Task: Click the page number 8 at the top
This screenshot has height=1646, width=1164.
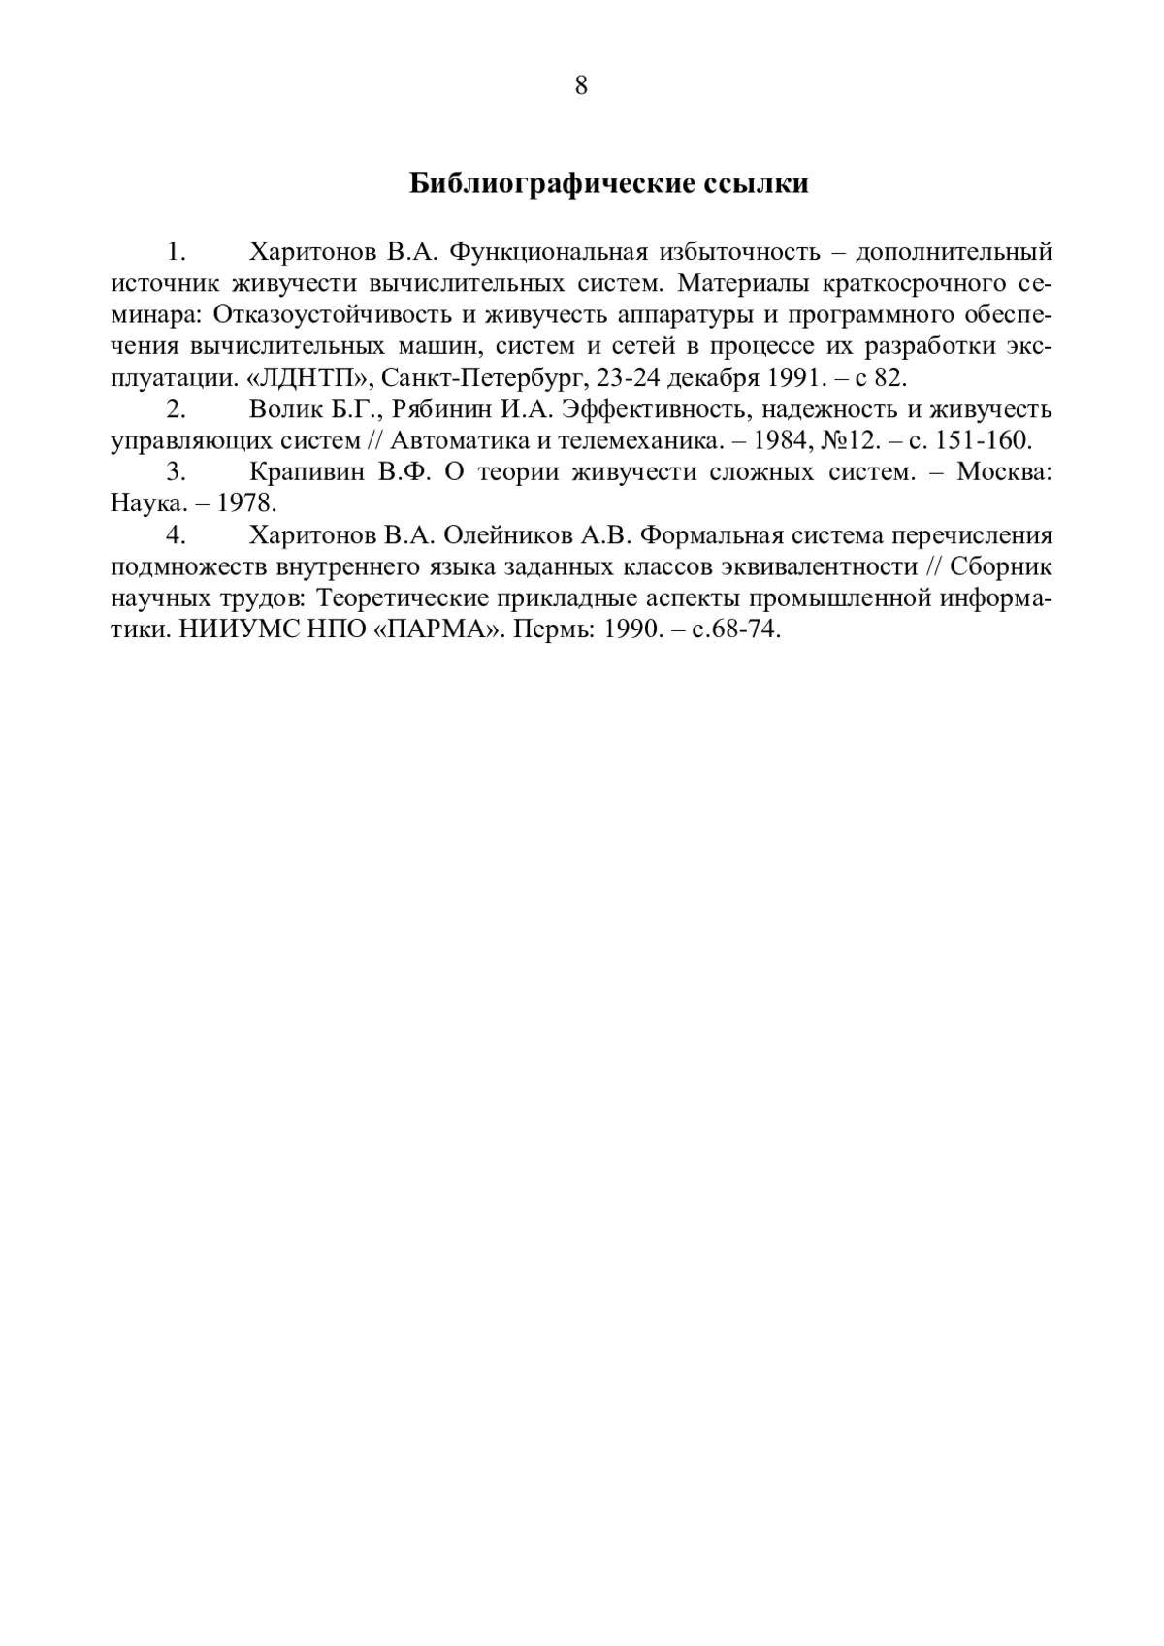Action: point(581,86)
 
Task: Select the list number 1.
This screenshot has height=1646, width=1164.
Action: point(176,253)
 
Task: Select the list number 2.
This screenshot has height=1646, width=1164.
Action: point(176,409)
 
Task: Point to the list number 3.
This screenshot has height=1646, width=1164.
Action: point(176,472)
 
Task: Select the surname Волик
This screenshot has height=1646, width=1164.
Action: point(285,409)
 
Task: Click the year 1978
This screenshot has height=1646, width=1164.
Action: point(246,504)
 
